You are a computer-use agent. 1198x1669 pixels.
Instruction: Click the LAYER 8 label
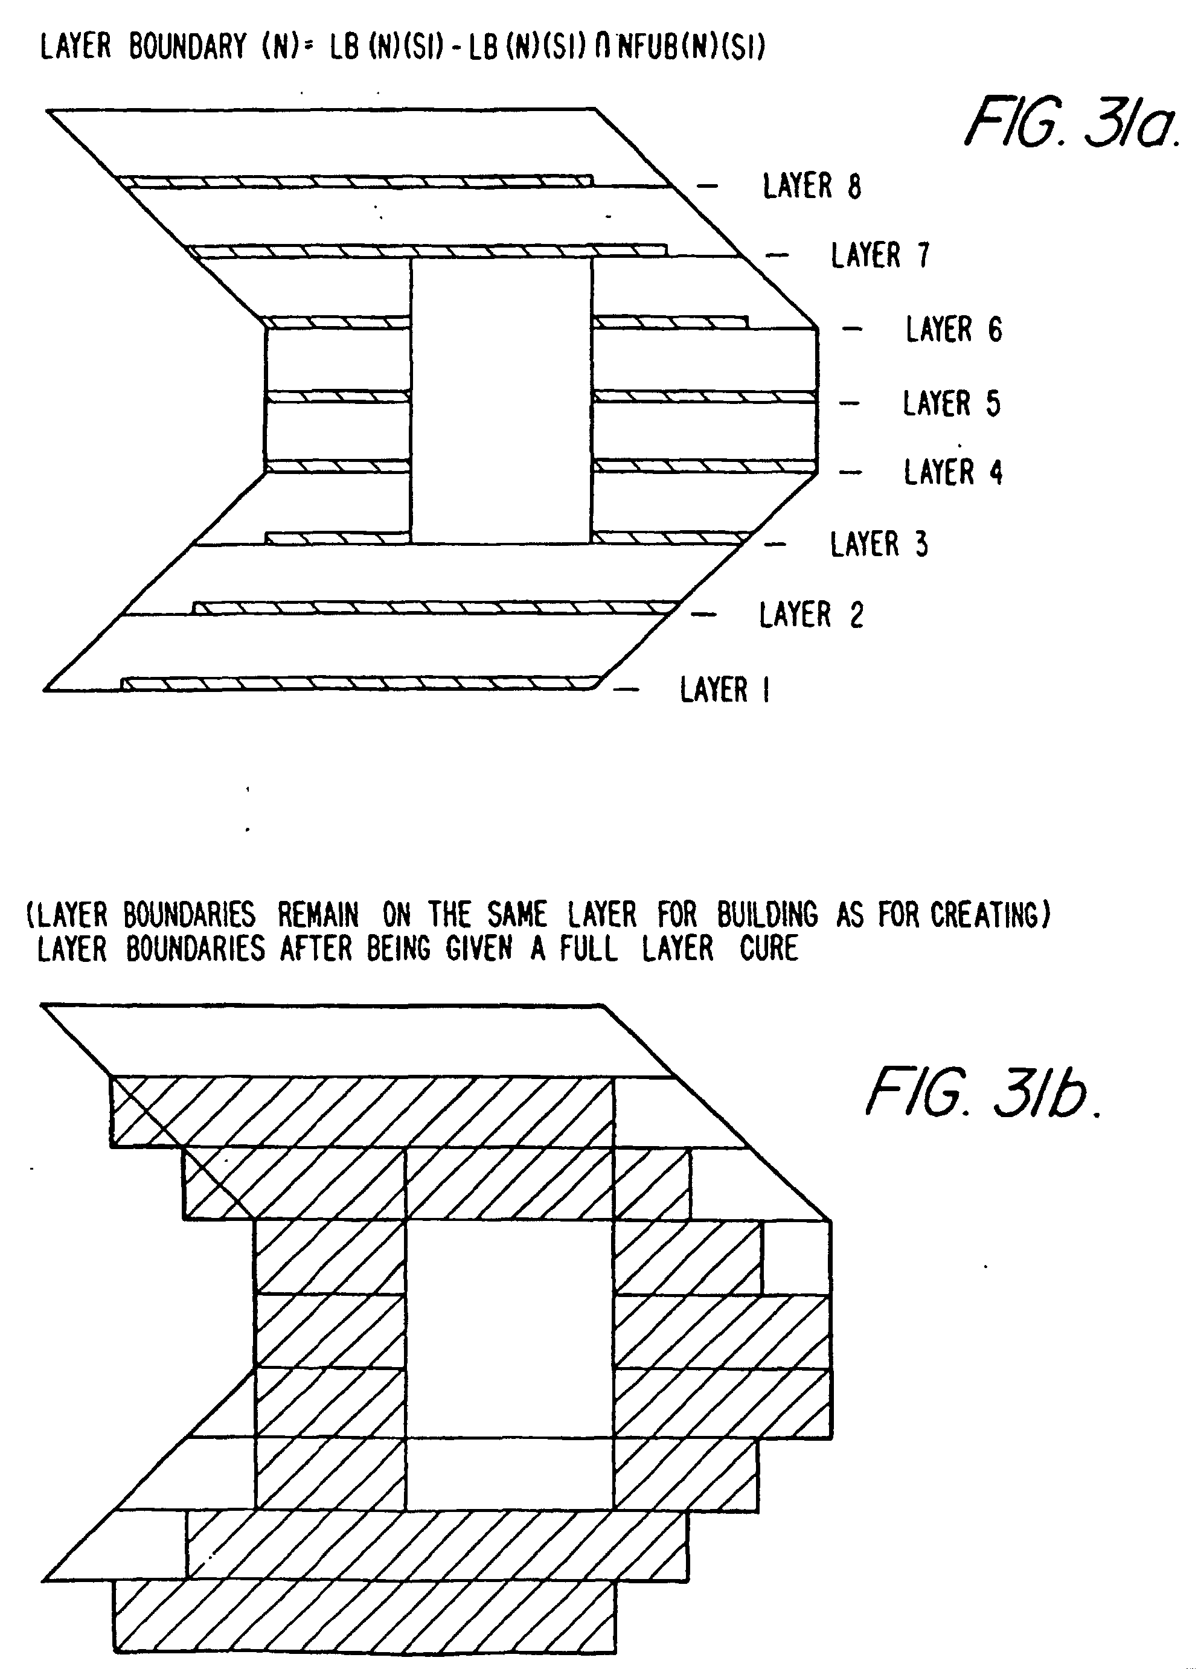coord(812,186)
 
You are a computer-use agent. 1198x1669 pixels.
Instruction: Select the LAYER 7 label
coord(881,255)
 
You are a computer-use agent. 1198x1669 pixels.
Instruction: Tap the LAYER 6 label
coord(953,329)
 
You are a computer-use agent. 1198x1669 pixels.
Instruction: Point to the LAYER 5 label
coord(952,403)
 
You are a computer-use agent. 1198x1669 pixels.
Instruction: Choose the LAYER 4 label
coord(953,472)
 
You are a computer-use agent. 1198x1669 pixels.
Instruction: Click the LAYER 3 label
coord(879,545)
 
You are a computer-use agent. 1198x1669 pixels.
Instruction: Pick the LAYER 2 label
coord(811,615)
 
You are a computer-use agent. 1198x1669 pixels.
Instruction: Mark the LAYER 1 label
coord(725,690)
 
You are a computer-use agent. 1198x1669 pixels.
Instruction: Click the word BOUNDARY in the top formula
coord(187,46)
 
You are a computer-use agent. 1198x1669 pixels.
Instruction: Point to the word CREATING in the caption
coord(989,915)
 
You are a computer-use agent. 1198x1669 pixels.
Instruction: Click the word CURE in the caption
coord(769,949)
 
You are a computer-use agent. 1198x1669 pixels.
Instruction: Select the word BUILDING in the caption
coord(767,915)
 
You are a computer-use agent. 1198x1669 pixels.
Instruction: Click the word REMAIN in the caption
coord(318,915)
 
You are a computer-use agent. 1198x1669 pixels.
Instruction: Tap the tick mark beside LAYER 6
coord(852,329)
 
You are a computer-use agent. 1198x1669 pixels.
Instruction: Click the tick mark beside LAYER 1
coord(626,690)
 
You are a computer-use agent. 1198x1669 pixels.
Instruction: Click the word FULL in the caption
coord(588,949)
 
